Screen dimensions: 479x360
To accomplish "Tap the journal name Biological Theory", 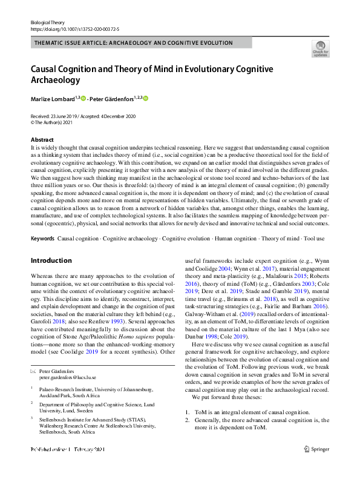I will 47,21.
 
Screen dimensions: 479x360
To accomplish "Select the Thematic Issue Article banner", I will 134,43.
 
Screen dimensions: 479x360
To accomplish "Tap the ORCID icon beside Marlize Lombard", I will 83,98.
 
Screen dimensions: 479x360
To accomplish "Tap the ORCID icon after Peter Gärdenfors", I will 145,98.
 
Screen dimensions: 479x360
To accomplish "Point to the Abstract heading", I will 42,140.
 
